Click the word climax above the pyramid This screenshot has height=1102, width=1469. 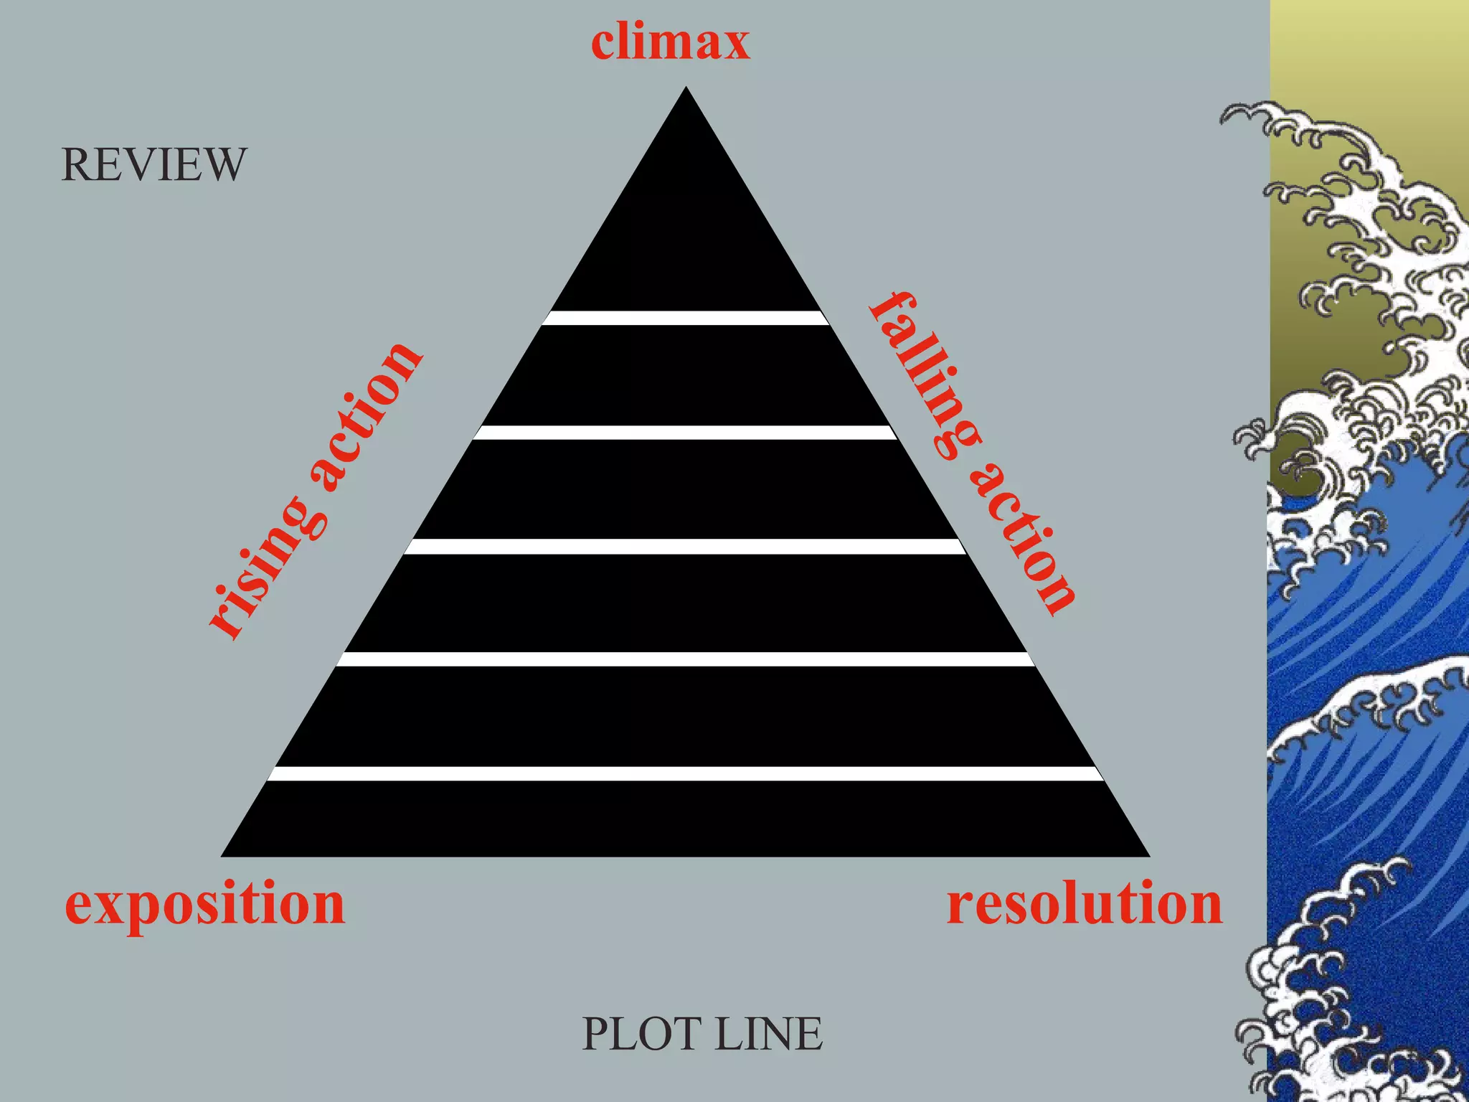coord(670,42)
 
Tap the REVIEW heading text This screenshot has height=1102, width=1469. coord(153,164)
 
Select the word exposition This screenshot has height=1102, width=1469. coord(204,905)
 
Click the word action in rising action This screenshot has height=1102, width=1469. coord(366,416)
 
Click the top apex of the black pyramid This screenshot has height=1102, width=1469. coord(686,90)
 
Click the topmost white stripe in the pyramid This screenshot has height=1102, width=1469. coord(686,318)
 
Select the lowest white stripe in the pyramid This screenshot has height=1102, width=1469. coord(686,773)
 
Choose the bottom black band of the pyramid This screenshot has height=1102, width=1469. coord(686,818)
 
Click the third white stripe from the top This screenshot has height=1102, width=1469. coord(686,547)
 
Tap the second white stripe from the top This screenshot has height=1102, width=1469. coord(686,433)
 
